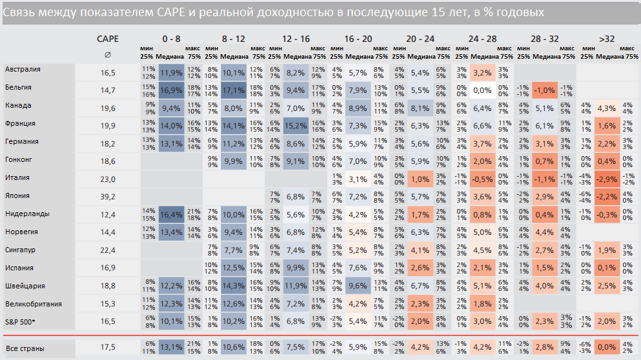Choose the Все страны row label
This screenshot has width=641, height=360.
[25, 348]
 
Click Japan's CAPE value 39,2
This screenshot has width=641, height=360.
[107, 196]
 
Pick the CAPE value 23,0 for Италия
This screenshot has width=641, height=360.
[107, 178]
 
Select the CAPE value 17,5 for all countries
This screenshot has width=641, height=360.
[107, 348]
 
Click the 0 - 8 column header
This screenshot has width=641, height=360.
[172, 39]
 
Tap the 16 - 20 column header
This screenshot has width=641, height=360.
[358, 39]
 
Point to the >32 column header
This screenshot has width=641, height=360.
[606, 39]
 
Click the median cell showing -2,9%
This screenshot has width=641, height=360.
[606, 178]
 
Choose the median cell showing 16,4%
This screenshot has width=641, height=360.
[171, 214]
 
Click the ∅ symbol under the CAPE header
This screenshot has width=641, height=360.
[107, 55]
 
